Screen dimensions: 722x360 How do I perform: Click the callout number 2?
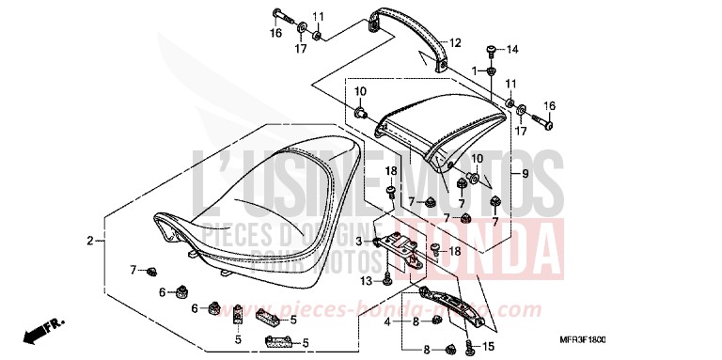tap(90, 242)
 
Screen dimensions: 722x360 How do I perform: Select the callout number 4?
tap(385, 321)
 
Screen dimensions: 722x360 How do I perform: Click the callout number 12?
tap(455, 43)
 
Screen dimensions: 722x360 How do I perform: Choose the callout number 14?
tap(512, 49)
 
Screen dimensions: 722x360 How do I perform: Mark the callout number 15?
tap(489, 347)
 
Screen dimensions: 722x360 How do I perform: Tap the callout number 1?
tap(475, 70)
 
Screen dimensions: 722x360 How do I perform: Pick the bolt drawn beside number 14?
tap(491, 49)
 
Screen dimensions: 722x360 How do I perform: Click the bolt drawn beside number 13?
tap(386, 278)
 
